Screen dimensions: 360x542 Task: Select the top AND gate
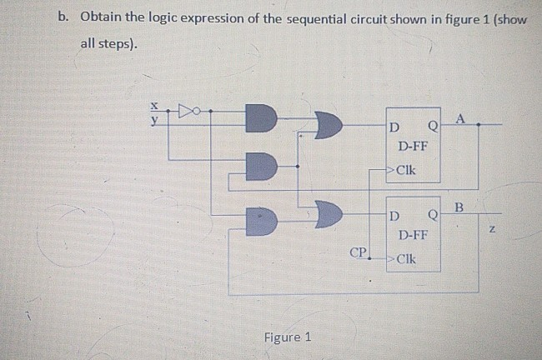point(260,118)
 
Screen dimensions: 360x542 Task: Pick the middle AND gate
point(262,166)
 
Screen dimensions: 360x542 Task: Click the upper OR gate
point(328,127)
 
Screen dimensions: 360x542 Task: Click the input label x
point(153,106)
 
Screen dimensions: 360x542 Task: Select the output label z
point(491,228)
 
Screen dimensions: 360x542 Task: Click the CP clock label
point(358,250)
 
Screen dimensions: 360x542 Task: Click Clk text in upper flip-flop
point(408,172)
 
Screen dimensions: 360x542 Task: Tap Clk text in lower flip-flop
point(408,257)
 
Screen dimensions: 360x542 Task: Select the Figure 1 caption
point(287,337)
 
